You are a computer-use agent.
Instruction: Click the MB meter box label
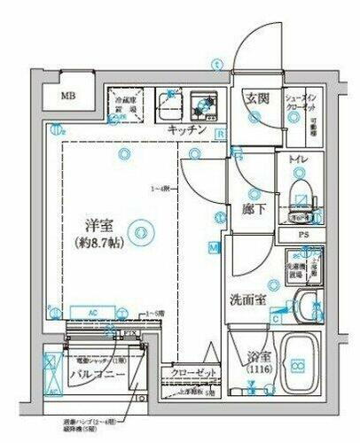pos(68,97)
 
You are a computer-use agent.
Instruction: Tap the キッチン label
pos(187,130)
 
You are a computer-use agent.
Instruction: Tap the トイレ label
pos(298,159)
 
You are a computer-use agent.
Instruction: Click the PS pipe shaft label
pos(304,235)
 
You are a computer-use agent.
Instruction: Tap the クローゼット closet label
pos(188,374)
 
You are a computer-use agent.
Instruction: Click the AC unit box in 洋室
pos(92,313)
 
